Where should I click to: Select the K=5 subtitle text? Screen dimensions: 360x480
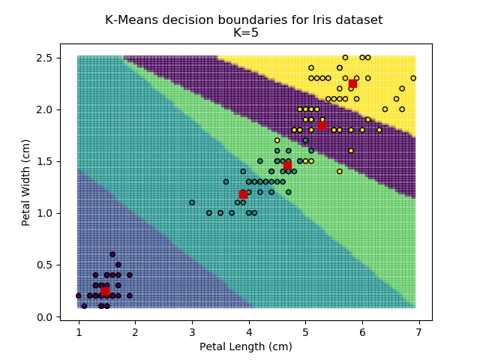(x=244, y=33)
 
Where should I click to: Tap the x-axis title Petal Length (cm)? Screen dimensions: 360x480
(x=245, y=346)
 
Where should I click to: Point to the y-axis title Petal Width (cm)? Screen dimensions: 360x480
(x=26, y=182)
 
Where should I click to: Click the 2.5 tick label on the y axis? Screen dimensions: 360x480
(x=43, y=58)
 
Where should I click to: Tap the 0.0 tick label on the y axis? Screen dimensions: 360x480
(x=43, y=317)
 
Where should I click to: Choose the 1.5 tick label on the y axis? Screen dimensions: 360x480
(x=43, y=161)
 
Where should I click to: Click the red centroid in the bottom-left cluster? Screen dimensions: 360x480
(x=106, y=291)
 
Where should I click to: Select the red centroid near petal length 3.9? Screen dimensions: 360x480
(x=243, y=194)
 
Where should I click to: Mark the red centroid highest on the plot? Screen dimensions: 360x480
(x=352, y=83)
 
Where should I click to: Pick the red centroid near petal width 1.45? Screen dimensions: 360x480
(x=287, y=166)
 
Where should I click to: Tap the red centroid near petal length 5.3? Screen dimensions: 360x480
(x=322, y=125)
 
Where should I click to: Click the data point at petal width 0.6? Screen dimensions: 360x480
(x=112, y=254)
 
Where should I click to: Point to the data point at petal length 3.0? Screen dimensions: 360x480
(x=192, y=202)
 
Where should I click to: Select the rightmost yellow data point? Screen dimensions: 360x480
(x=413, y=78)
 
